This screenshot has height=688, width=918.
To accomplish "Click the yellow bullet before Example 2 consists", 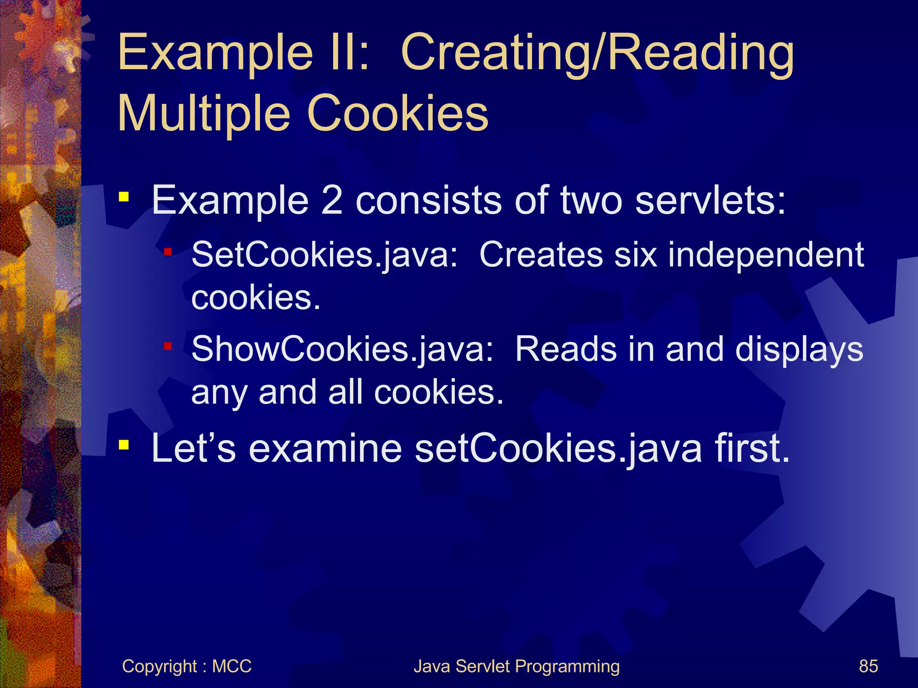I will [x=124, y=197].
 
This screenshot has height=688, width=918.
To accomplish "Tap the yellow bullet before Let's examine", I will [x=124, y=445].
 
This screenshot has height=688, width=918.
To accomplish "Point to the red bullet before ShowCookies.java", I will [x=168, y=346].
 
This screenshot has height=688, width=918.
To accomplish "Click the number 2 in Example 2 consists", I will [x=332, y=200].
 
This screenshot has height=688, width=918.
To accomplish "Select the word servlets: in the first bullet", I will [x=710, y=200].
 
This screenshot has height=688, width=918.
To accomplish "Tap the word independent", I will [x=766, y=254].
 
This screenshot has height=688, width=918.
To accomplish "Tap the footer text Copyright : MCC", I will [x=186, y=666].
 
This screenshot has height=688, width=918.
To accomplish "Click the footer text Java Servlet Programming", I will [x=516, y=666].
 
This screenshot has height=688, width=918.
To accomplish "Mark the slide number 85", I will [x=868, y=666].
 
